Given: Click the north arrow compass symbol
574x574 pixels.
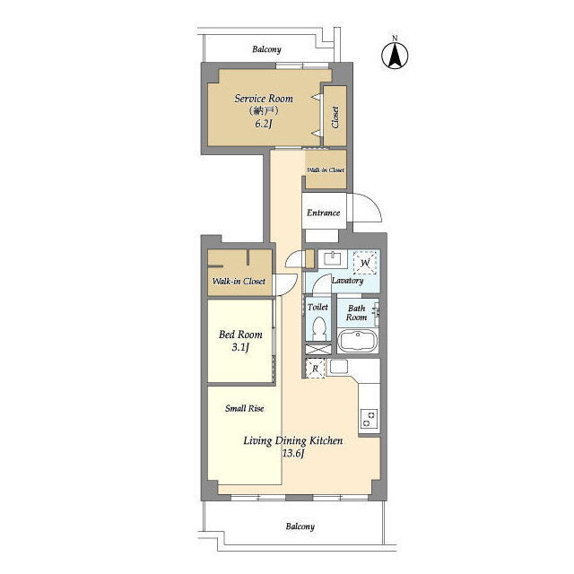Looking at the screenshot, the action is point(395,54).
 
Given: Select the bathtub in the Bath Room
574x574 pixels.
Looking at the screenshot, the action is point(357,341).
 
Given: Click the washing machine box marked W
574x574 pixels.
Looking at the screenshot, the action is point(365,263).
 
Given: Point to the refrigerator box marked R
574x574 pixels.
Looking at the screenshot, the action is point(315,369).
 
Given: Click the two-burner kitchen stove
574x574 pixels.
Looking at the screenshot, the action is point(369,419).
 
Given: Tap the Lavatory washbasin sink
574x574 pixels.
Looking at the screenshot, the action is point(333,258).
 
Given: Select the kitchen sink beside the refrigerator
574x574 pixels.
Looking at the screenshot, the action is point(339,367).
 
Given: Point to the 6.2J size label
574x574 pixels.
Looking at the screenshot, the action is point(263,124).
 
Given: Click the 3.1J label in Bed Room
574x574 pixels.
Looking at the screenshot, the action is point(240,347).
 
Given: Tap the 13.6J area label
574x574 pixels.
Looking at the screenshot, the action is point(293,454).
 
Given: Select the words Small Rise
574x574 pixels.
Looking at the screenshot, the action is point(244,408).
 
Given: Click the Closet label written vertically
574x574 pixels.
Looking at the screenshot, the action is point(335,117).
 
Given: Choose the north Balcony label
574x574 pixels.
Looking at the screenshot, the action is point(266,49).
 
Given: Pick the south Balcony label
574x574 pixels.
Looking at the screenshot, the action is point(300,526).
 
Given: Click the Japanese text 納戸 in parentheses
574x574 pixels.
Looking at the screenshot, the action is point(264,110).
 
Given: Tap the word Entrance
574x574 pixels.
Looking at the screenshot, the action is point(323,213).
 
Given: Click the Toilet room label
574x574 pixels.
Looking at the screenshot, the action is point(317,307).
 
